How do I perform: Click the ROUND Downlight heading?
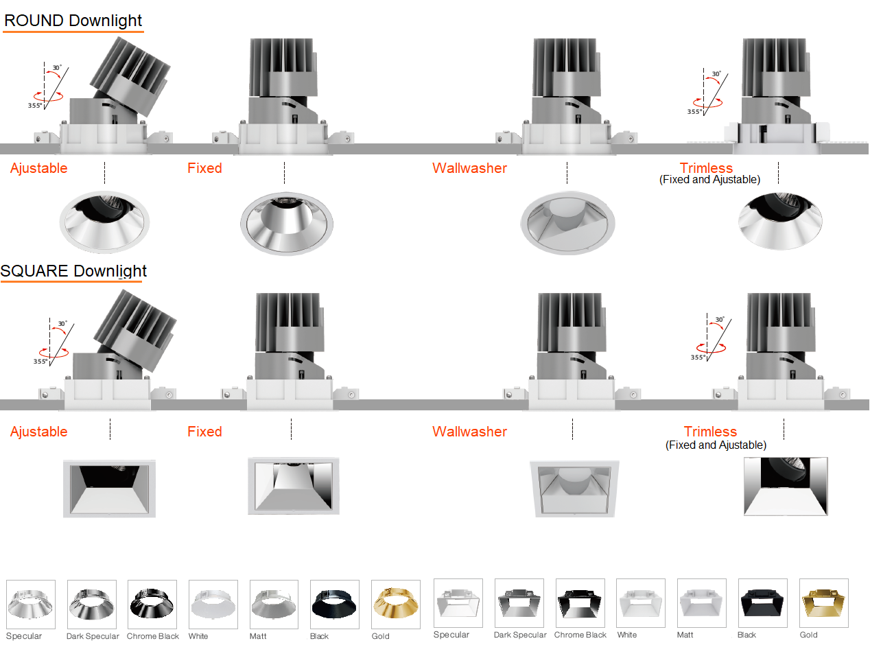[x=73, y=21]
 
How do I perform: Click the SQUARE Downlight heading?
[x=73, y=271]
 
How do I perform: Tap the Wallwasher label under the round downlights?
[x=469, y=168]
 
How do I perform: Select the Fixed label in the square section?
[x=204, y=432]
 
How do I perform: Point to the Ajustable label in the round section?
[x=39, y=168]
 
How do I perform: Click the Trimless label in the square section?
[x=710, y=432]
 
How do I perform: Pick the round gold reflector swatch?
[x=395, y=604]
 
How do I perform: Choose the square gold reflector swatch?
[x=823, y=603]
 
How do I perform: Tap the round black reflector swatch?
[x=334, y=604]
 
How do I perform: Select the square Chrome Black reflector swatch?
[x=580, y=603]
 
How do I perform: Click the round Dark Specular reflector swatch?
[x=92, y=604]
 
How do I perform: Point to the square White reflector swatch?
[x=640, y=603]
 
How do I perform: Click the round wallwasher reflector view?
[x=567, y=222]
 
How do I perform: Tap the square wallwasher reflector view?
[x=574, y=488]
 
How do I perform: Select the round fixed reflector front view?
[x=287, y=222]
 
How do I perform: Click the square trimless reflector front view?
[x=786, y=487]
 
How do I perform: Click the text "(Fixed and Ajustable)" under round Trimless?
[x=709, y=180]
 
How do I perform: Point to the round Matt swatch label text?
[x=258, y=636]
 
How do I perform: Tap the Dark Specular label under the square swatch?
[x=520, y=635]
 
